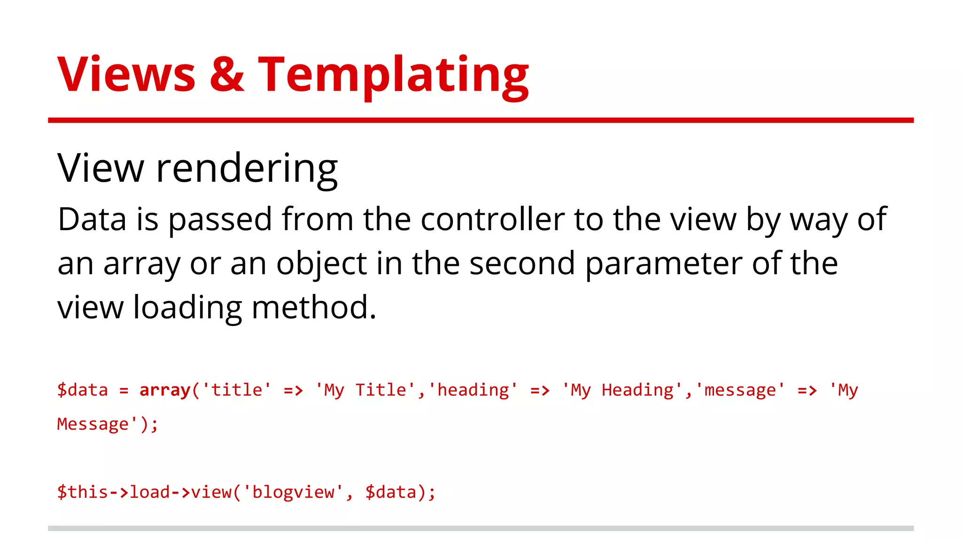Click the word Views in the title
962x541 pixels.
pos(126,75)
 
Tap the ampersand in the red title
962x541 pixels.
pos(227,75)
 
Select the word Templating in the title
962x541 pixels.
pos(394,75)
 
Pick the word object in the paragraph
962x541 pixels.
pos(321,264)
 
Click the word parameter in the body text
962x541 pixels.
pos(663,264)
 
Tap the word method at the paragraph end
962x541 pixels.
pos(314,308)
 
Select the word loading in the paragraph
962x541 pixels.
pos(187,308)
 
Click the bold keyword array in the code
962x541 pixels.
pos(165,390)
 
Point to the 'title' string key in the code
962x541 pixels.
pos(237,390)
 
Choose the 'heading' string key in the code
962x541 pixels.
pos(473,390)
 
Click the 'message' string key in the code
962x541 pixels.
pos(740,390)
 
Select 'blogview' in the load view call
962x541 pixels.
pos(294,492)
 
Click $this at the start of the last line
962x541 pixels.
pos(83,492)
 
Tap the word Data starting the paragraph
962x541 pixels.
pos(92,219)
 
